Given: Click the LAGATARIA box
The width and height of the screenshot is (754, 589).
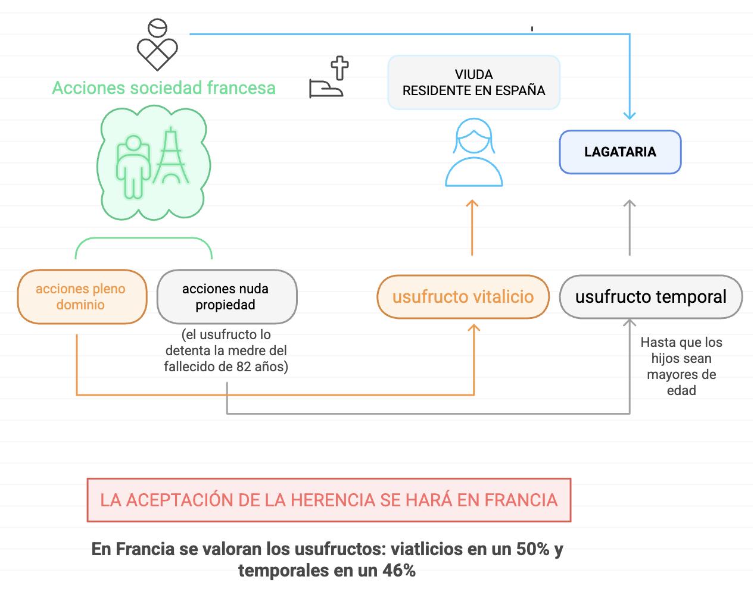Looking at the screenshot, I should [620, 152].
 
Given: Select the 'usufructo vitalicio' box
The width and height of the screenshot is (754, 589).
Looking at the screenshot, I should [463, 296].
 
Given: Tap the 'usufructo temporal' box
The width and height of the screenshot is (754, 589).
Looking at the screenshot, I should [650, 296].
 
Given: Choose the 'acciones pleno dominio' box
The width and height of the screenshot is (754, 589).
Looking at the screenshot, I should [80, 297].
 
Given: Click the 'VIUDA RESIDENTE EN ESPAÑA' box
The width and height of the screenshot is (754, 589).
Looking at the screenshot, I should [473, 83].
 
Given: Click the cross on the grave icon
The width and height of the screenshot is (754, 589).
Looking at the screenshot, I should [340, 68].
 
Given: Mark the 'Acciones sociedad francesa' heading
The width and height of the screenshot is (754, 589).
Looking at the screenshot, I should [164, 88].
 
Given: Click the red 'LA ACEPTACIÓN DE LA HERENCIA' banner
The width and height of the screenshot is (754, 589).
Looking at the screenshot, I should [329, 500].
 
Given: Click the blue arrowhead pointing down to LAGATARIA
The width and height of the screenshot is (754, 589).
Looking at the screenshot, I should [630, 114].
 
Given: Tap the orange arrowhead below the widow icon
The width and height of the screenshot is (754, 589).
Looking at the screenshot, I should [472, 204].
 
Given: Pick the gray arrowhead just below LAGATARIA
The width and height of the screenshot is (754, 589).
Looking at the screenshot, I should [630, 204].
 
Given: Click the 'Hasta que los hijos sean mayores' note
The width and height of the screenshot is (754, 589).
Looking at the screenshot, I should [681, 366].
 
